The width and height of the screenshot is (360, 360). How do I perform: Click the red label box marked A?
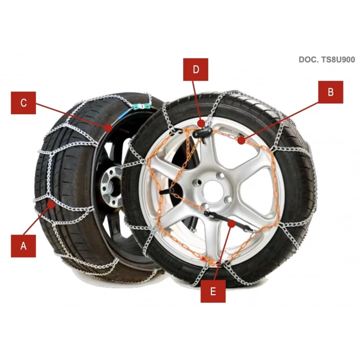point(23,245)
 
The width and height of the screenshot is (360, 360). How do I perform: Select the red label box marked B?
point(331,92)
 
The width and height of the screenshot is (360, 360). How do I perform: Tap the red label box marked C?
point(23,102)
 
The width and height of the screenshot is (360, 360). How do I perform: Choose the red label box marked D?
point(195,69)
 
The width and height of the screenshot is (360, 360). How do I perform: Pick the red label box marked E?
point(212,291)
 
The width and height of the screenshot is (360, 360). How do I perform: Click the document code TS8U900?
point(327,59)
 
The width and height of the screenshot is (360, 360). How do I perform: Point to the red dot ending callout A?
point(51,205)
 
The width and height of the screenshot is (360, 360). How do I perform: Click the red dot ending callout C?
point(107,126)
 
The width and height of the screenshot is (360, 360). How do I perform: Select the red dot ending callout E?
point(232,223)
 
